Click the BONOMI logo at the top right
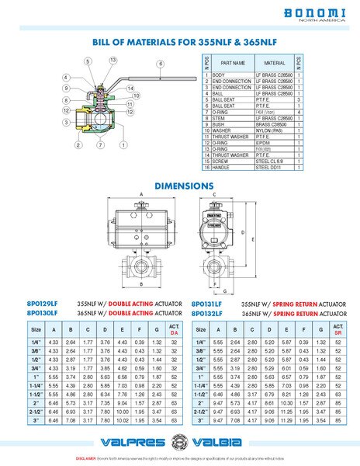(315, 15)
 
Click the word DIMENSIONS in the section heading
(184, 186)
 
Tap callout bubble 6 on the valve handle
(160, 63)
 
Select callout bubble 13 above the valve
(112, 60)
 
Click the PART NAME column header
(234, 63)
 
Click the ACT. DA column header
(175, 329)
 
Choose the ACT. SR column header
(337, 329)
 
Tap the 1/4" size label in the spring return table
(199, 342)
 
